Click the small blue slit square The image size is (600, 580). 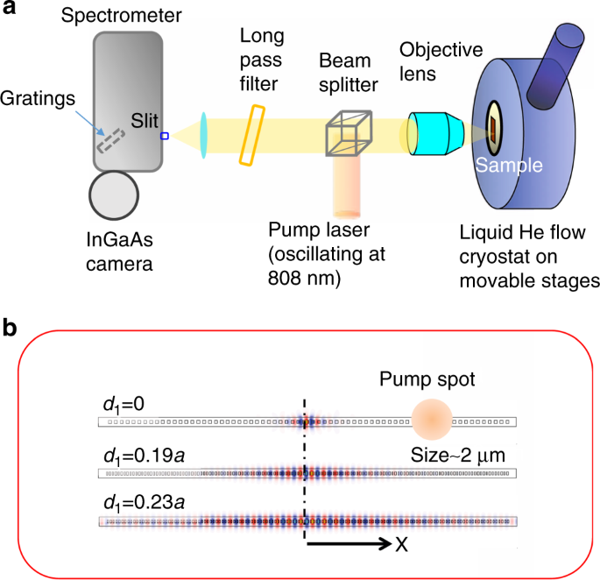164,136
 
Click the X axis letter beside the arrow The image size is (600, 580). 402,543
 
